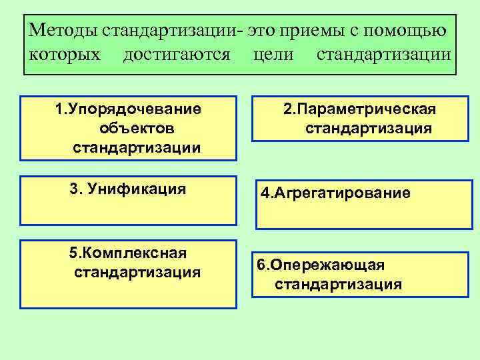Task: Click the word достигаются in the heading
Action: point(177,53)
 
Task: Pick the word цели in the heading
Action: point(273,53)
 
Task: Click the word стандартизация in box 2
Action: point(369,127)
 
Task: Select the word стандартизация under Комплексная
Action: point(137,272)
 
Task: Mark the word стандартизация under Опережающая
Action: point(338,285)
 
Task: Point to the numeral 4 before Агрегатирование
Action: point(264,193)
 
